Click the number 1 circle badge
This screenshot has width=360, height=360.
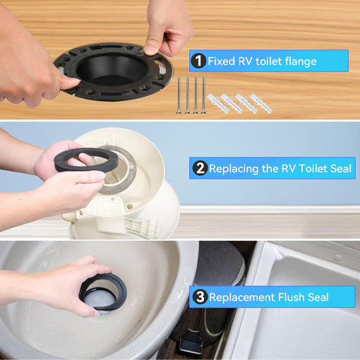click(x=198, y=61)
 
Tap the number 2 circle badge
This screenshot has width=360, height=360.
click(x=200, y=169)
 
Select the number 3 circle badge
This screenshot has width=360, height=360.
click(x=200, y=297)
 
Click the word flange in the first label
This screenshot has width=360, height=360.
click(x=297, y=61)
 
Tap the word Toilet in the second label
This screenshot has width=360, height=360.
click(x=306, y=169)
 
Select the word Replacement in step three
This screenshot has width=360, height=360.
click(x=242, y=298)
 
